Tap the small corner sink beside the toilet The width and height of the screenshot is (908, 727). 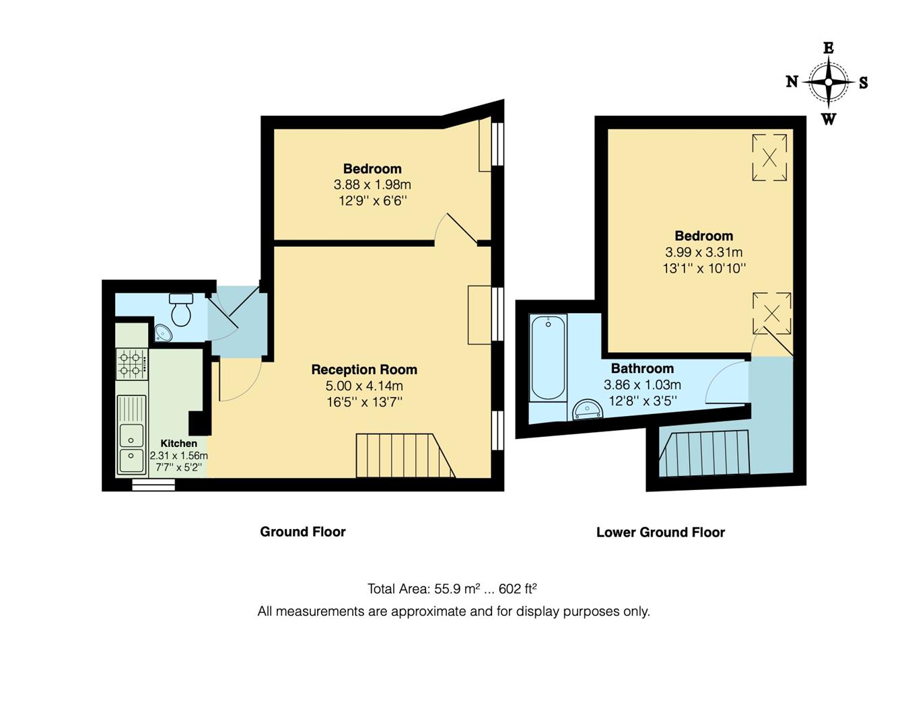[163, 333]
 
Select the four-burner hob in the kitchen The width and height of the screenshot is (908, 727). [132, 363]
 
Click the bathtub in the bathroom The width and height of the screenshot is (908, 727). [548, 358]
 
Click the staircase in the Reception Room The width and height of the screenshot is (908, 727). [404, 456]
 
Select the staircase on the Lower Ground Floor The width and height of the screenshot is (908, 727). [705, 453]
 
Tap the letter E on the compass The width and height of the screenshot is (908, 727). [829, 48]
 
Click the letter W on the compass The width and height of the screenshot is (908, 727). [829, 119]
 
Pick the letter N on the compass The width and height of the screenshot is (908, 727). [792, 81]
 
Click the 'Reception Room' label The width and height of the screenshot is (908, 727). [364, 370]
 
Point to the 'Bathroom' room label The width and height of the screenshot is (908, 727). [642, 368]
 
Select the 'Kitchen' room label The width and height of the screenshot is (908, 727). [179, 444]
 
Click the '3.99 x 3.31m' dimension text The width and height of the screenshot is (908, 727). [704, 252]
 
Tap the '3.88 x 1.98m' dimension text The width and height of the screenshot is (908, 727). [372, 184]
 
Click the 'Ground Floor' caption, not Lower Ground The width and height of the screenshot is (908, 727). [303, 532]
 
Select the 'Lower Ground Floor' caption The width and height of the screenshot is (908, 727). [660, 532]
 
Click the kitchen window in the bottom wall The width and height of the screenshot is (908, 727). [153, 484]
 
